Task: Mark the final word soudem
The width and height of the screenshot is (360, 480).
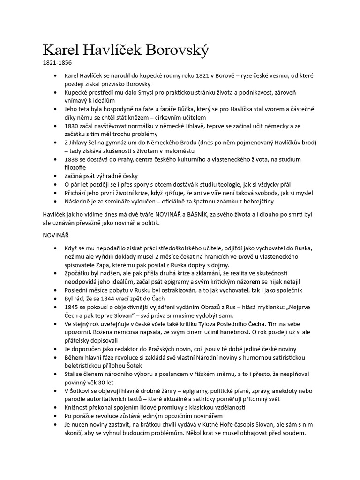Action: [293, 433]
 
